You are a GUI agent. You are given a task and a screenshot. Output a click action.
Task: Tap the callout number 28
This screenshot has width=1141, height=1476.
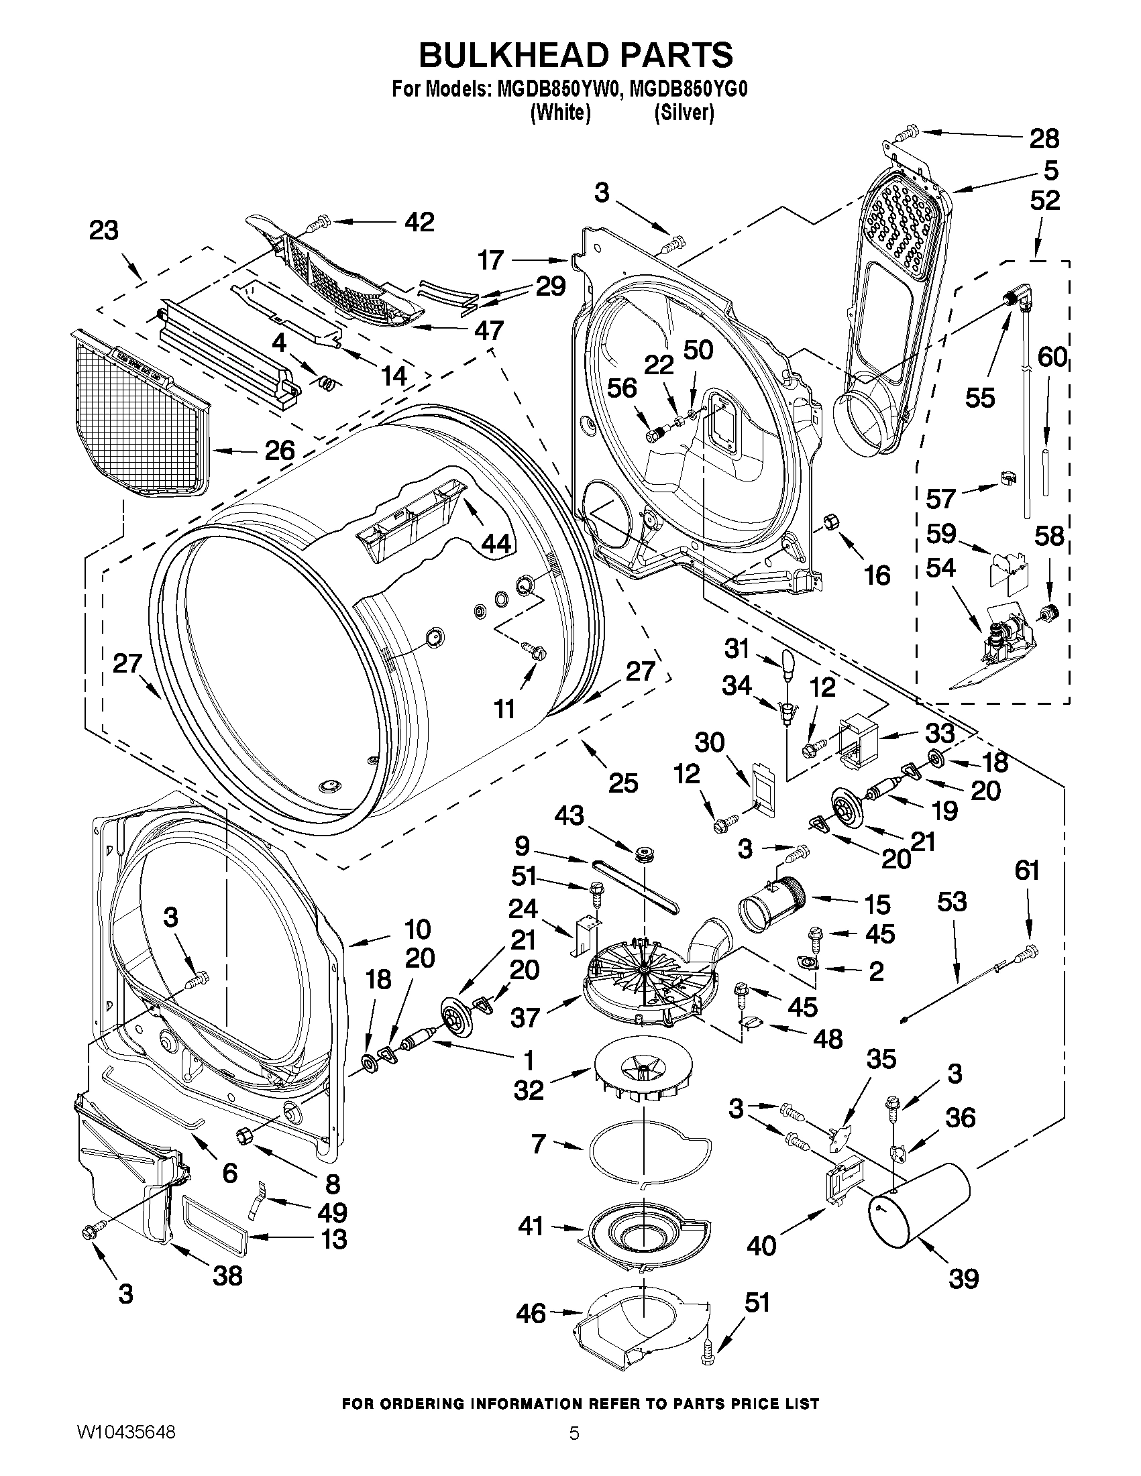pyautogui.click(x=1044, y=139)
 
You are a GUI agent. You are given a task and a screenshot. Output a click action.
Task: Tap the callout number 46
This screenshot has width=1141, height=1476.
pyautogui.click(x=530, y=1313)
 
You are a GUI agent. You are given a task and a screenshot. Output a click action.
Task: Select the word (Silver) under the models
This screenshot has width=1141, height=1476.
pyautogui.click(x=684, y=112)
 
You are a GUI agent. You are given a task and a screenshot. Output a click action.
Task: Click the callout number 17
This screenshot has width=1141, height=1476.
pyautogui.click(x=492, y=260)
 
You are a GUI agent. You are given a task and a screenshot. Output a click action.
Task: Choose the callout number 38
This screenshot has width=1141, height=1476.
pyautogui.click(x=227, y=1275)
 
